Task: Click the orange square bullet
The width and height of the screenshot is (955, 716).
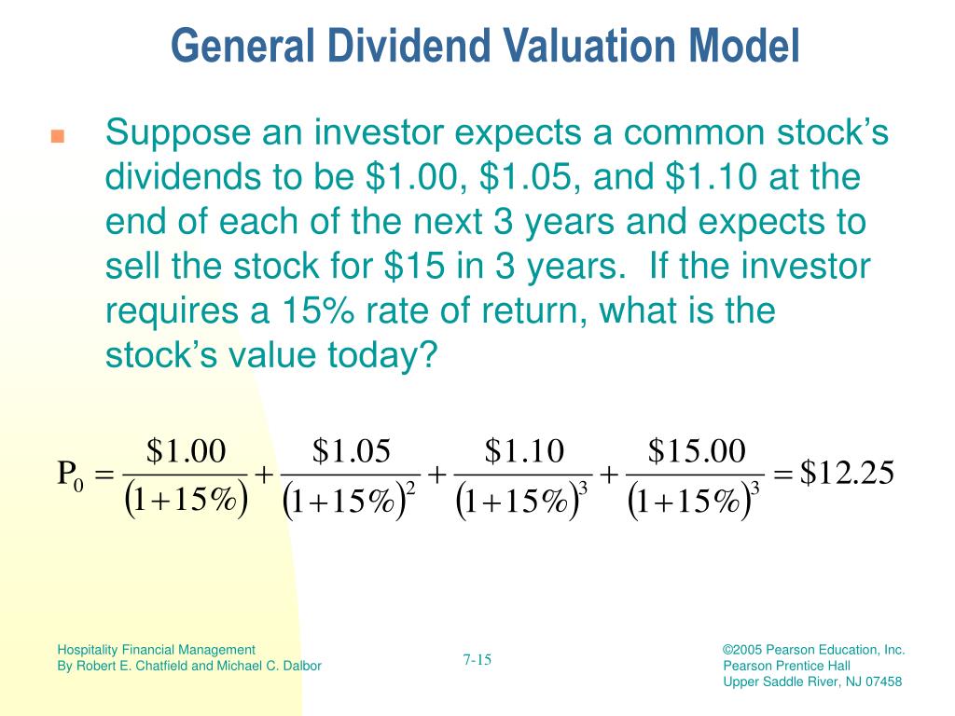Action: click(57, 136)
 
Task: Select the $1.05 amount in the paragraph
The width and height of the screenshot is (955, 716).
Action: click(524, 176)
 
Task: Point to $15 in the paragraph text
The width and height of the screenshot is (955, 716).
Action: click(414, 266)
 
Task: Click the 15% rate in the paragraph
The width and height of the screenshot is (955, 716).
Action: click(317, 310)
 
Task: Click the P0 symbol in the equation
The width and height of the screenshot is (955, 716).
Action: click(70, 475)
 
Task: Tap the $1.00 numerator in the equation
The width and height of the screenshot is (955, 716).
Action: click(186, 451)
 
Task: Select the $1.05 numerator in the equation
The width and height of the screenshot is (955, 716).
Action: click(351, 451)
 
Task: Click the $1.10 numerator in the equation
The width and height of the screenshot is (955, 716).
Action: click(524, 451)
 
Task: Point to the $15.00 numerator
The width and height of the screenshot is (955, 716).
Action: click(696, 451)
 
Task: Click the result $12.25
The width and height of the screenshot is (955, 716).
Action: click(847, 473)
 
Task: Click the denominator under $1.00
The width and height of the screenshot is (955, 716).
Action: click(186, 501)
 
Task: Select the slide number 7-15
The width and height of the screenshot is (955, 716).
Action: click(477, 659)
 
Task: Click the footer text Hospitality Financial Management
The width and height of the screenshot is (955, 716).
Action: click(156, 650)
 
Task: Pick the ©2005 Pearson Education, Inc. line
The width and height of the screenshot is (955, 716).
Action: click(813, 650)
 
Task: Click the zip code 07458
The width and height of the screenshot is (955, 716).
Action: click(884, 682)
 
